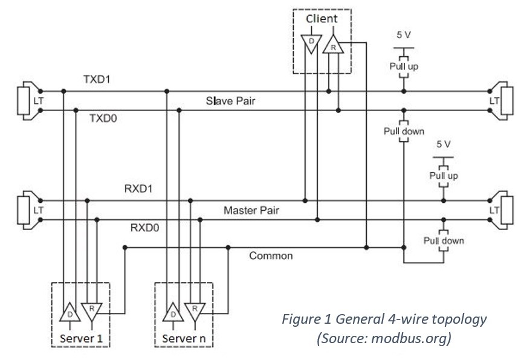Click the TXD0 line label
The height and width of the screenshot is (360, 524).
pyautogui.click(x=103, y=118)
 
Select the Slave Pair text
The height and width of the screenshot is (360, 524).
pyautogui.click(x=230, y=101)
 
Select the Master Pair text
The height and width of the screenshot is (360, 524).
pyautogui.click(x=251, y=211)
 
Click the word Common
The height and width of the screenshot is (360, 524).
pyautogui.click(x=271, y=256)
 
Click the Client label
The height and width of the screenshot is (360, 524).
pyautogui.click(x=322, y=19)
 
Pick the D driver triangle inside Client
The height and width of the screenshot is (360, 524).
pyautogui.click(x=308, y=43)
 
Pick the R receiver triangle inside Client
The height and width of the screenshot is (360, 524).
pyautogui.click(x=331, y=45)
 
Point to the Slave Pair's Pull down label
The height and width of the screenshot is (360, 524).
pyautogui.click(x=404, y=131)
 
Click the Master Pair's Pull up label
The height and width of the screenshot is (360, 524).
pyautogui.click(x=444, y=175)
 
